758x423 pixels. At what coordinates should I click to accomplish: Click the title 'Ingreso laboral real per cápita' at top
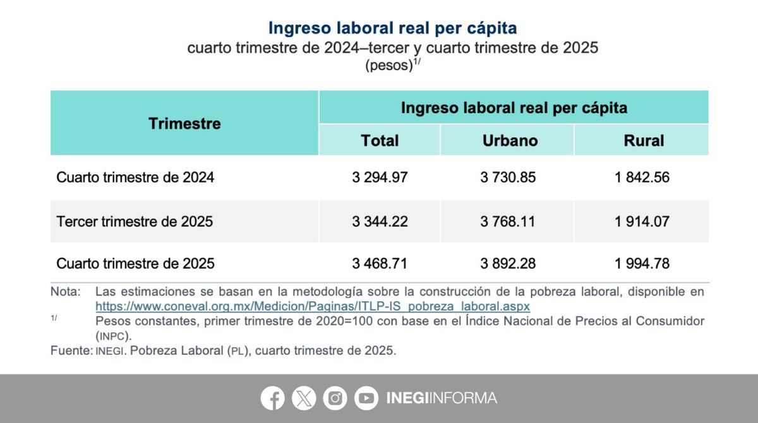[x=392, y=28]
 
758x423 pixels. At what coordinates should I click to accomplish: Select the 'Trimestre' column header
[x=184, y=123]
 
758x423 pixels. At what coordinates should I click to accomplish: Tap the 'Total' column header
[x=380, y=140]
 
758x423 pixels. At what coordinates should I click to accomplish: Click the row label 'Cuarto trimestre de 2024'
[x=135, y=178]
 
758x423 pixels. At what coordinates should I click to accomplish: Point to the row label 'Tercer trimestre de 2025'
[x=135, y=222]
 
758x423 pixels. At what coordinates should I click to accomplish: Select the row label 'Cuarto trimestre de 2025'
[x=135, y=263]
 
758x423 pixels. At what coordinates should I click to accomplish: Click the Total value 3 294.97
[x=380, y=178]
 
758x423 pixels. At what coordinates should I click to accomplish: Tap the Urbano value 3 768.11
[x=508, y=222]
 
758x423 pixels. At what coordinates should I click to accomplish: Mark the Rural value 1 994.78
[x=641, y=263]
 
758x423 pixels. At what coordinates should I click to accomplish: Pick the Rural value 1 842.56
[x=641, y=178]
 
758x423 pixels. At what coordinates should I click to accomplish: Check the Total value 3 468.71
[x=380, y=263]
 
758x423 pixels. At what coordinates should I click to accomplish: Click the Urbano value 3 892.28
[x=508, y=263]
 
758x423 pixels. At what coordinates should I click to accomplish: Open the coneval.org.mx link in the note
[x=312, y=306]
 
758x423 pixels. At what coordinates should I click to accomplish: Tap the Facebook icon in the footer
[x=273, y=398]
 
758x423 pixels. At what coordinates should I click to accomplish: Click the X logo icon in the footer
[x=304, y=398]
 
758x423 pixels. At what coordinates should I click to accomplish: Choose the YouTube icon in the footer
[x=366, y=398]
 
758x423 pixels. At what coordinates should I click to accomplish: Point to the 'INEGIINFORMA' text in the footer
[x=442, y=398]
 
